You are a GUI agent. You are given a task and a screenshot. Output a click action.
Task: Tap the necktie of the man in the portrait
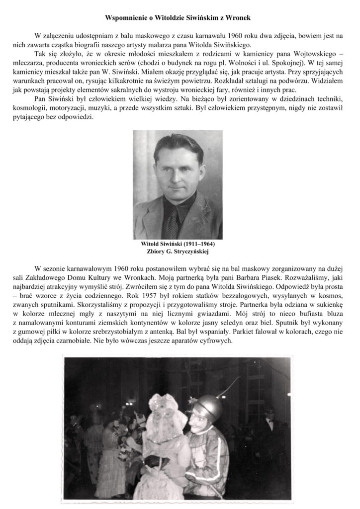coord(172,211)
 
